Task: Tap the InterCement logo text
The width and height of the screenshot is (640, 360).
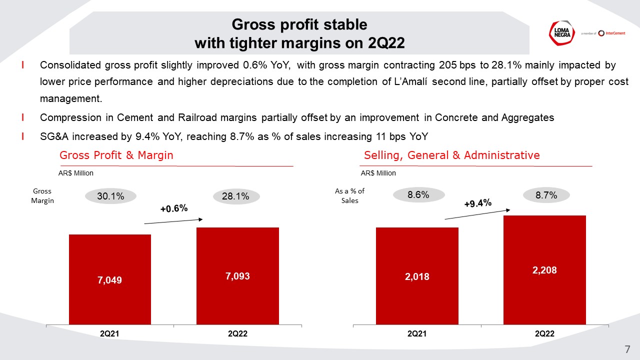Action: point(612,33)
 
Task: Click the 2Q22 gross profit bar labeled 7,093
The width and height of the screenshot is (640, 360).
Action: point(237,275)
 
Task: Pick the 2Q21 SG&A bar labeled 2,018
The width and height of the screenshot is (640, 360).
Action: point(417,275)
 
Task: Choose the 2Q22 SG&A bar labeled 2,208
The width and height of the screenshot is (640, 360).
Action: point(544,269)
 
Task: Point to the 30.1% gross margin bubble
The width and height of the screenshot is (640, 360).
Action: point(110,196)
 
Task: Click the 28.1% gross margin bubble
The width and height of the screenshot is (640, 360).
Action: point(235,196)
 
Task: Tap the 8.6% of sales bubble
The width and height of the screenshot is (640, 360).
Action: point(418,195)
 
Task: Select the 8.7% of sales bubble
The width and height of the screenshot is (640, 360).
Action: point(546,195)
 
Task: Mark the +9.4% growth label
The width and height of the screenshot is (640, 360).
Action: point(478,203)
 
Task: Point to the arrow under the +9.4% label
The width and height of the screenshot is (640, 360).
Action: point(477,213)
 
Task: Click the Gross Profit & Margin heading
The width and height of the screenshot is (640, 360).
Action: point(116,155)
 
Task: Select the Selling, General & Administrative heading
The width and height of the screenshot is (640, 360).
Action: point(452,155)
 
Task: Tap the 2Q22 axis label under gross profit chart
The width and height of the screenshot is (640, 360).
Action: point(237,334)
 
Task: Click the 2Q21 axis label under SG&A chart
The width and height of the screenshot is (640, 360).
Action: point(417,334)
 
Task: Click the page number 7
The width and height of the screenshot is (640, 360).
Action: point(627,349)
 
